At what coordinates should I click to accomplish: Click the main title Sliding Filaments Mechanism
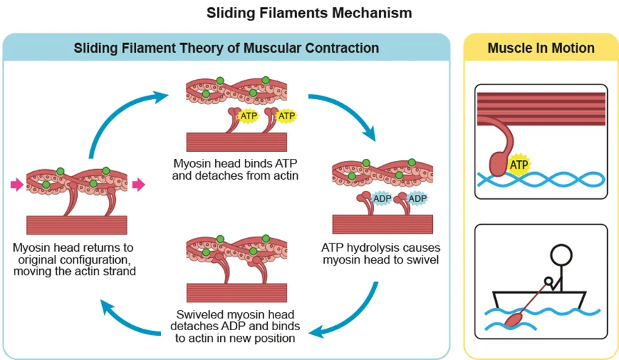309,12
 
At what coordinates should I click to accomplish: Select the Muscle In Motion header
541,48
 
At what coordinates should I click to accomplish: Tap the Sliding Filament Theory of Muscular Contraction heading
226,48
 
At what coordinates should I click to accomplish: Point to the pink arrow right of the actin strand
139,184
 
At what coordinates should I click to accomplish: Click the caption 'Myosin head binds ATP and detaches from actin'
236,170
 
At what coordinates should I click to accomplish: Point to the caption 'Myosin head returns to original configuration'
74,259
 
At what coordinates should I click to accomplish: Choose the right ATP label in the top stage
287,116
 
